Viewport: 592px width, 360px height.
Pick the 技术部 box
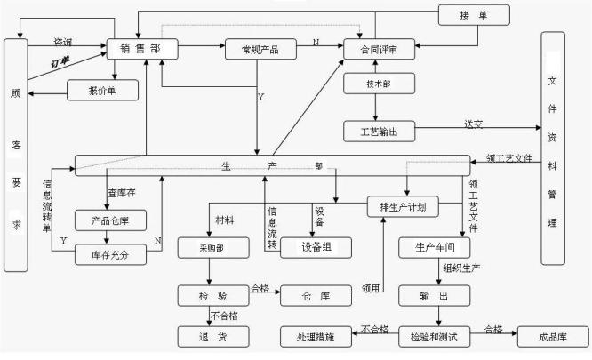point(374,84)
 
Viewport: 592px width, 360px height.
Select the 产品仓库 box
point(105,218)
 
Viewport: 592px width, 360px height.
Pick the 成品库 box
point(550,337)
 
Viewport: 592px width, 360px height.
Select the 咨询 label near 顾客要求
point(64,41)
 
